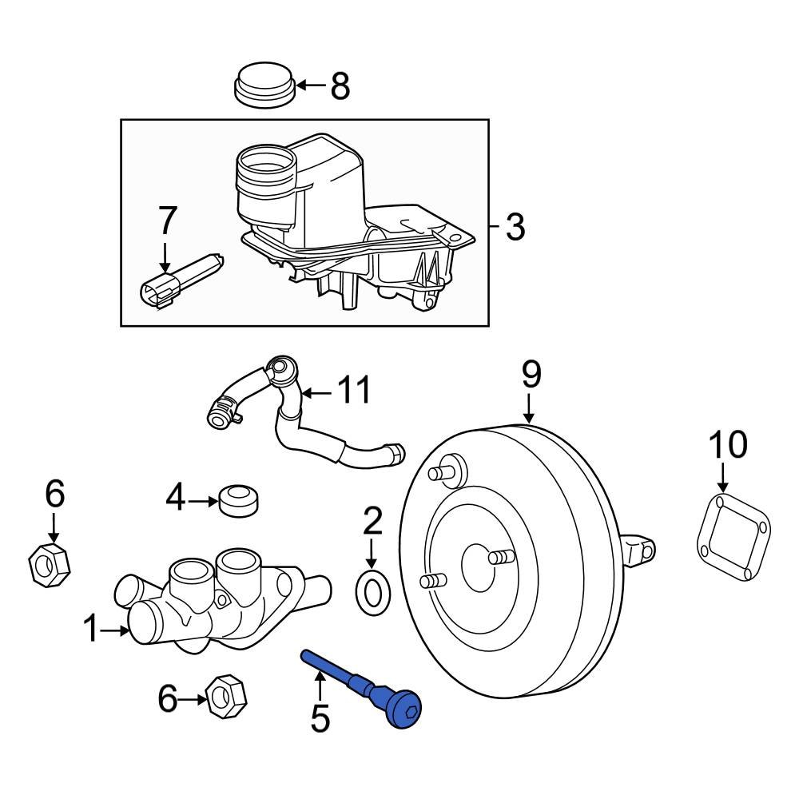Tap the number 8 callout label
coord(340,85)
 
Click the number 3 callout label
coord(515,227)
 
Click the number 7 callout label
coord(166,221)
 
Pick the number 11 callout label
coord(352,392)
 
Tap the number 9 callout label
coord(531,375)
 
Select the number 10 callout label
coord(727,444)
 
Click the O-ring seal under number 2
coord(372,593)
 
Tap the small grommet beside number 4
coord(239,500)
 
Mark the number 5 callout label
coord(320,719)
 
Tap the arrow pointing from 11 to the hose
coord(316,392)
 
